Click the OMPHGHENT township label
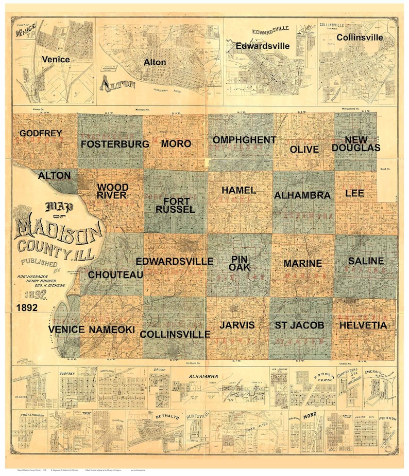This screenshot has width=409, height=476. pyautogui.click(x=244, y=140)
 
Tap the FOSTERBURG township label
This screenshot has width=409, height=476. pyautogui.click(x=114, y=144)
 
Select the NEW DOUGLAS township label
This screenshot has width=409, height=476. pyautogui.click(x=356, y=144)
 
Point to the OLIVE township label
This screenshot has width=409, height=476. pyautogui.click(x=304, y=150)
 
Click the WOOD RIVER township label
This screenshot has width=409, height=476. pyautogui.click(x=113, y=191)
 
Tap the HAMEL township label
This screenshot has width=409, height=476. pyautogui.click(x=238, y=190)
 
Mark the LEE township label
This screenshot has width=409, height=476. pyautogui.click(x=354, y=193)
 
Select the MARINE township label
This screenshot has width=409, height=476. pyautogui.click(x=303, y=263)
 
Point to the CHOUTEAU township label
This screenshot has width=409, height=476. pyautogui.click(x=115, y=275)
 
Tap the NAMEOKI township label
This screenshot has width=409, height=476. pyautogui.click(x=112, y=329)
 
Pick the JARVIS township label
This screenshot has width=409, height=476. pyautogui.click(x=236, y=325)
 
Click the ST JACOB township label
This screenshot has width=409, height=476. pyautogui.click(x=299, y=325)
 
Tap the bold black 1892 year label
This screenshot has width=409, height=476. pyautogui.click(x=26, y=307)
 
